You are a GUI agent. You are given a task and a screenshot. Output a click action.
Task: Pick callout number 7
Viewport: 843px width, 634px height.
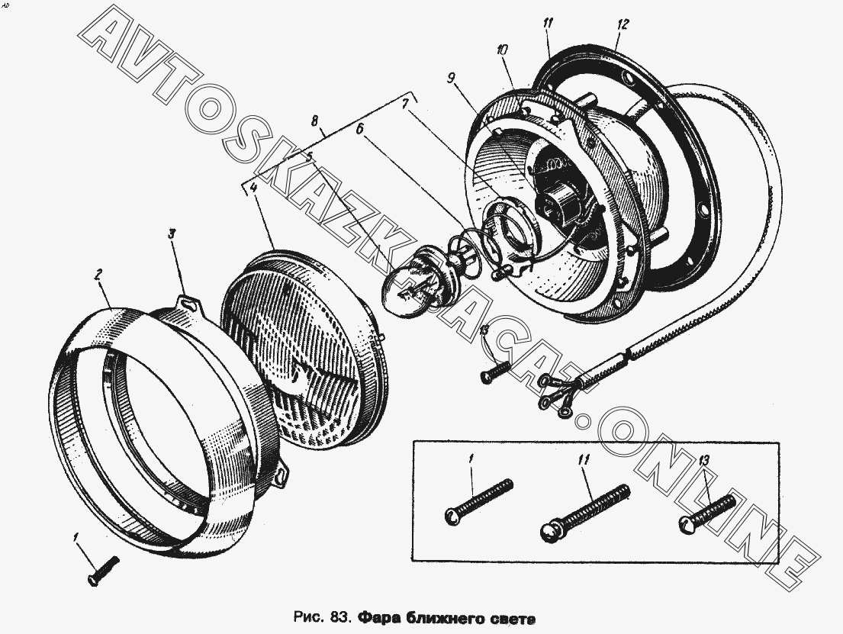click(405, 103)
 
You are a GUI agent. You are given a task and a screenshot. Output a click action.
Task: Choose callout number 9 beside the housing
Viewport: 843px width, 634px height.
click(452, 78)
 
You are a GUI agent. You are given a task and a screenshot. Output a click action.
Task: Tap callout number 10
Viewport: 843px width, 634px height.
click(501, 50)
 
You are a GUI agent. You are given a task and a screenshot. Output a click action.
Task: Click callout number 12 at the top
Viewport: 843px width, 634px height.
click(623, 24)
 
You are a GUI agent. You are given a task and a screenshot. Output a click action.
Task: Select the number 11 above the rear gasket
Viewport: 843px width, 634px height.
click(548, 23)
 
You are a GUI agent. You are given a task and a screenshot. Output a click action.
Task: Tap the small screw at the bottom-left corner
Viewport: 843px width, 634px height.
click(104, 571)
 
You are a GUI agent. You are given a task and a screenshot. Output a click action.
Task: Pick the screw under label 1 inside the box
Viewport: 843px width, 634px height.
click(478, 501)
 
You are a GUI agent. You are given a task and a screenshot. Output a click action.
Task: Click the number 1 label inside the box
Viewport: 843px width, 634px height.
click(471, 460)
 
